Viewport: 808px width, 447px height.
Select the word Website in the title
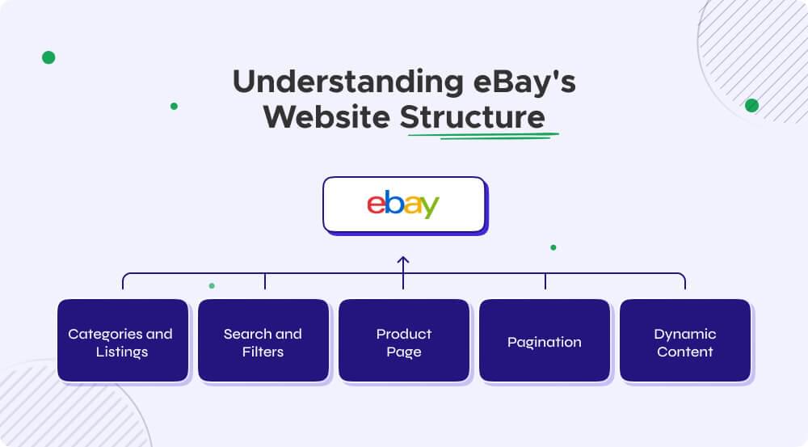tap(327, 117)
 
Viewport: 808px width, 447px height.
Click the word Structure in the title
tap(473, 117)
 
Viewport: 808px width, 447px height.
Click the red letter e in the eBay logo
tap(376, 205)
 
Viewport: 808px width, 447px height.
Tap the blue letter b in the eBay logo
tap(394, 202)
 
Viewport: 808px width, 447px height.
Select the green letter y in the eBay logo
tap(430, 208)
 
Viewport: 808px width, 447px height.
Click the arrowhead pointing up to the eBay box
tap(403, 260)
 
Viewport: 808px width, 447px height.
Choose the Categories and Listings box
tap(122, 340)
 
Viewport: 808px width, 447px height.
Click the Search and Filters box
tap(263, 340)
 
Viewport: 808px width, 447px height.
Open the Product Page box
tap(403, 340)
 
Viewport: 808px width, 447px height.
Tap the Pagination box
tap(545, 340)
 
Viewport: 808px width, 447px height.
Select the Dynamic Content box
tap(685, 340)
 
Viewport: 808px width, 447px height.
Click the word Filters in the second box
tap(263, 352)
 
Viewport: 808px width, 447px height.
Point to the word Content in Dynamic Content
tap(685, 352)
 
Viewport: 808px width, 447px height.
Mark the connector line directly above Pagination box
tap(545, 281)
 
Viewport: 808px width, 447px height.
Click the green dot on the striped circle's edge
tap(751, 105)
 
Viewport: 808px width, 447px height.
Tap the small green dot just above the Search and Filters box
tap(212, 285)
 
